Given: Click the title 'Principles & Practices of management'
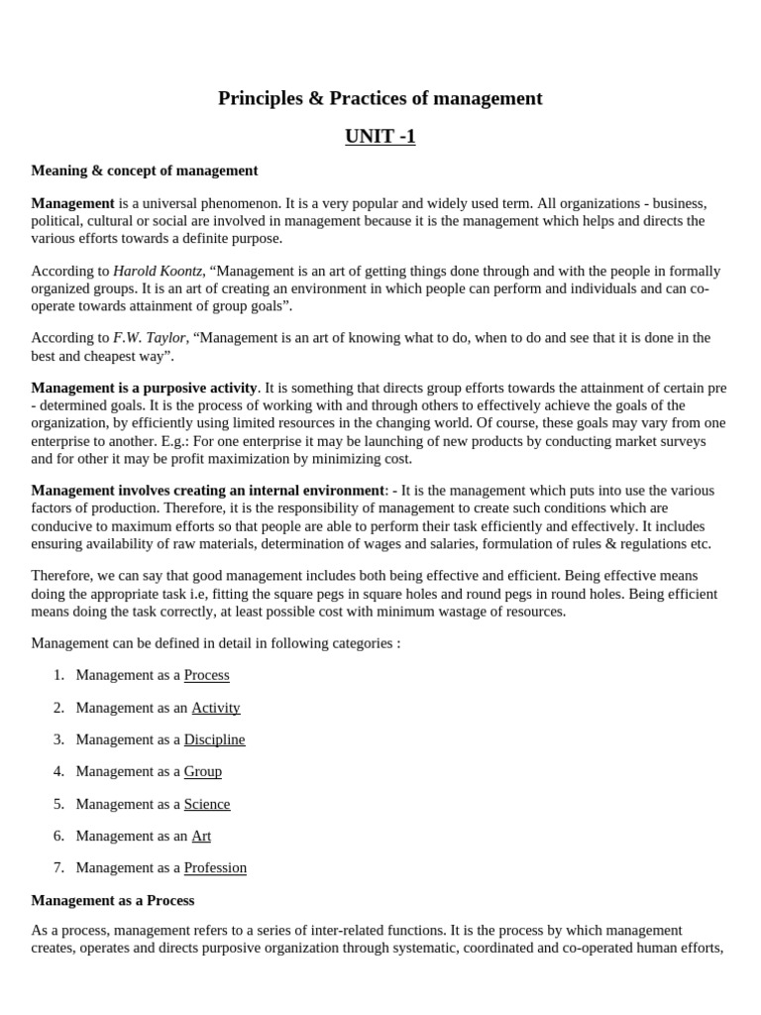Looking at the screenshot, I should pyautogui.click(x=380, y=98).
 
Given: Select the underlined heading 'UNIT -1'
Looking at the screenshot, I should pyautogui.click(x=380, y=137).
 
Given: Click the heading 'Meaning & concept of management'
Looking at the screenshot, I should pyautogui.click(x=145, y=170).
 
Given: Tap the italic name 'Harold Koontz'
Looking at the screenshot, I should pyautogui.click(x=158, y=271).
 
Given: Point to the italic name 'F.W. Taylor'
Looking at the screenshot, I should pyautogui.click(x=149, y=337).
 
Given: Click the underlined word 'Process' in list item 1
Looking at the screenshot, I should pyautogui.click(x=206, y=675).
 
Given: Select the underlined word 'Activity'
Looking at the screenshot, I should pyautogui.click(x=215, y=708).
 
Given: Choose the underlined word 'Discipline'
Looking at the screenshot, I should pyautogui.click(x=214, y=739).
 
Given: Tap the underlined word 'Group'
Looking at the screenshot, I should pyautogui.click(x=202, y=771).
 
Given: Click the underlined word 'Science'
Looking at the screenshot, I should pyautogui.click(x=206, y=804).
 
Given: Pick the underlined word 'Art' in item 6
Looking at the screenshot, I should pyautogui.click(x=201, y=836).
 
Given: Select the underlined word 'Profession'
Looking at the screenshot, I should pyautogui.click(x=215, y=867).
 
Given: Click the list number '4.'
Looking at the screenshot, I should pyautogui.click(x=58, y=771).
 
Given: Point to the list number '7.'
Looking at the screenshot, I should pyautogui.click(x=58, y=867).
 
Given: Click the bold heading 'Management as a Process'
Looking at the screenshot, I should pyautogui.click(x=113, y=900).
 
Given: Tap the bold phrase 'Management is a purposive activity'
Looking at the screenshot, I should pyautogui.click(x=144, y=388).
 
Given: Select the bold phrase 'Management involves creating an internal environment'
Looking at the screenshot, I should pyautogui.click(x=207, y=491).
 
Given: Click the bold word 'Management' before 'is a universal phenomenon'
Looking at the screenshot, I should pyautogui.click(x=72, y=203).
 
